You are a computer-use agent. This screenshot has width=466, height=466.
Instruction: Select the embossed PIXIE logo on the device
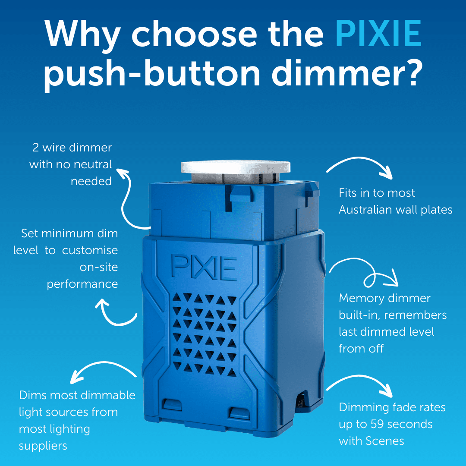pyautogui.click(x=204, y=268)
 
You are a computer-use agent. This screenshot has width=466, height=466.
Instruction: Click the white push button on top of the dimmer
pyautogui.click(x=236, y=167)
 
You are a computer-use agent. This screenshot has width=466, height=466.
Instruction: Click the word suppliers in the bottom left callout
pyautogui.click(x=43, y=446)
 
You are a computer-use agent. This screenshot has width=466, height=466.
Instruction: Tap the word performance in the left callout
pyautogui.click(x=82, y=284)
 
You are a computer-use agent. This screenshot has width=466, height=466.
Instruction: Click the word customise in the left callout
pyautogui.click(x=90, y=250)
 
